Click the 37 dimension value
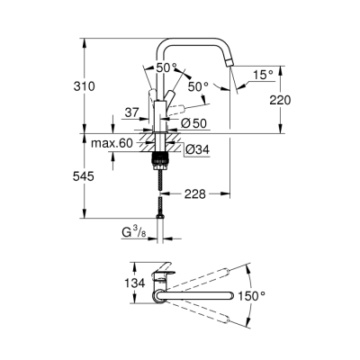[131, 113]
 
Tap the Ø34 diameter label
[197, 150]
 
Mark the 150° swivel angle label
[274, 295]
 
